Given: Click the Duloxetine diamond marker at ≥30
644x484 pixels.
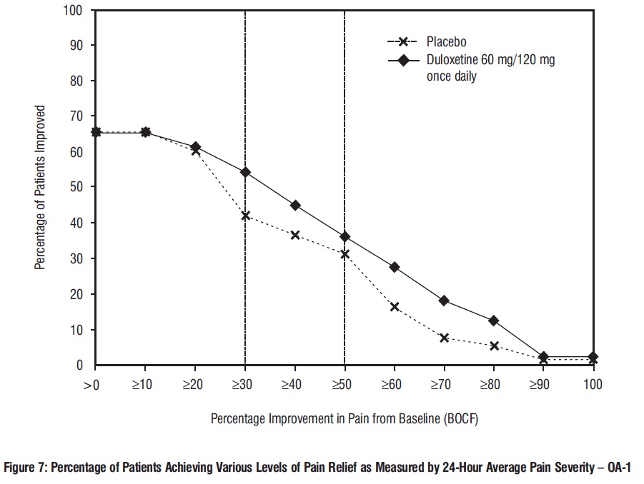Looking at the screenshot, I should (245, 172).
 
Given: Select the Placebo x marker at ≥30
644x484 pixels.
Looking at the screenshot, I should (245, 216).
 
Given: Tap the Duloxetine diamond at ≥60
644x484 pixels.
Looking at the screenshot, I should (395, 267).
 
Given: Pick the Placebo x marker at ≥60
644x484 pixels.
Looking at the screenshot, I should (395, 307).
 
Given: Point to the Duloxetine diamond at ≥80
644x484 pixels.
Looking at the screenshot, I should (494, 321).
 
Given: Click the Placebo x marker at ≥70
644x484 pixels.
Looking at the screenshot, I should (444, 338).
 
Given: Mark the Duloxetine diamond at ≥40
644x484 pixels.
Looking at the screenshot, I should (295, 206).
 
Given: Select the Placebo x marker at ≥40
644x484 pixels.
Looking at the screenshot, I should (295, 235).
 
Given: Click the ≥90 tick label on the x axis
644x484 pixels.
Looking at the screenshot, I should (543, 384).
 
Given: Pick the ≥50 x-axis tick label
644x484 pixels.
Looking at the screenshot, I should (345, 384).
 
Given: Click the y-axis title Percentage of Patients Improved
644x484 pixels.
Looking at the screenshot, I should (41, 188).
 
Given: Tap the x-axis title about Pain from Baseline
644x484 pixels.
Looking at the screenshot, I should (344, 419).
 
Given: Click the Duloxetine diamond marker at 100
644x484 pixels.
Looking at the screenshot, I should (593, 356).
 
